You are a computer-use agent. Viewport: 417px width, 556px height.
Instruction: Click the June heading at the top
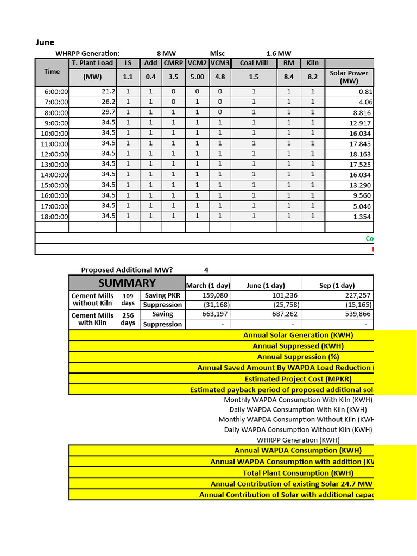coord(45,42)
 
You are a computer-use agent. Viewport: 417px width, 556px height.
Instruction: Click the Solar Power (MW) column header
coord(349,77)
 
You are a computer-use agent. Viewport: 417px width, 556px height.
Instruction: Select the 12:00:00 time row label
coord(55,154)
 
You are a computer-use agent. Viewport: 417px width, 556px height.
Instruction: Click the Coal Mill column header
coord(254,63)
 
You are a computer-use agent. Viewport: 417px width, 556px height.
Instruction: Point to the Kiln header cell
coord(313,63)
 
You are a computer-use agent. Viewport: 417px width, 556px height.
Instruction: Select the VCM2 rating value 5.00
coord(197,77)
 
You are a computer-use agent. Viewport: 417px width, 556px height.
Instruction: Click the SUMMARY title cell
coord(127,283)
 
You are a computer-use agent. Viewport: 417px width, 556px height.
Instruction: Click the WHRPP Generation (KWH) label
coord(298,440)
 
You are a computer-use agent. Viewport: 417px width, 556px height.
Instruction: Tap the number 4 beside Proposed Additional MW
coord(206,270)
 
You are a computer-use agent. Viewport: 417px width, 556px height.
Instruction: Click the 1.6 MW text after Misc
coord(279,53)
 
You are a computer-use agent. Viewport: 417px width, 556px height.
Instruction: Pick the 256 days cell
coord(128,319)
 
